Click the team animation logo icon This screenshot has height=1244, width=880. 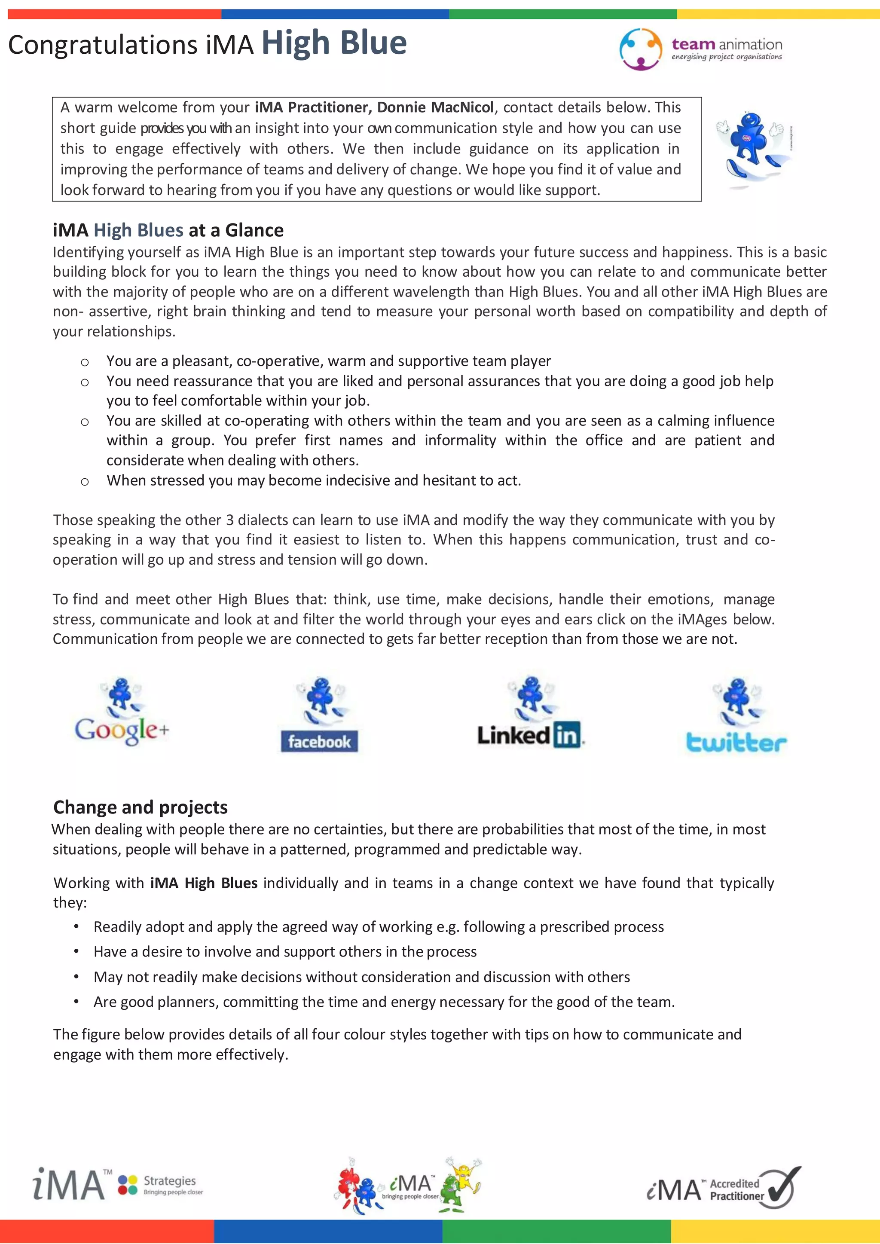point(641,49)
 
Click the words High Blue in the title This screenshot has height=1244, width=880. point(334,43)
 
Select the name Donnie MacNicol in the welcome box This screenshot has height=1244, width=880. point(435,107)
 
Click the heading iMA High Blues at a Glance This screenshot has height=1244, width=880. point(168,230)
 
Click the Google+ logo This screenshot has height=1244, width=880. point(122,729)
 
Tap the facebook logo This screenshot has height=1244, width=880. point(319,741)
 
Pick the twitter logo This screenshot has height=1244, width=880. point(736,742)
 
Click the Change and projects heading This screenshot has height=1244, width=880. point(141,807)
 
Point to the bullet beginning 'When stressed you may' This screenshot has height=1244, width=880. point(313,480)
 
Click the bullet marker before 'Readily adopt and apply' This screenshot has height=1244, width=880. point(77,926)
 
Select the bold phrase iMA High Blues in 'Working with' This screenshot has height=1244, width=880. point(204,883)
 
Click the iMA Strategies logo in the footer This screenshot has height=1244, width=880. point(118,1184)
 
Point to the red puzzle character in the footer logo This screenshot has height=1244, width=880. point(347,1181)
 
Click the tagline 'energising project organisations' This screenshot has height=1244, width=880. point(727,57)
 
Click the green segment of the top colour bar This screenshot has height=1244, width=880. point(562,14)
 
